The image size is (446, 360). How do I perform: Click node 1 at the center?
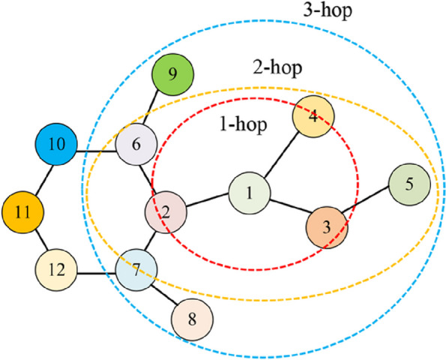[249, 193]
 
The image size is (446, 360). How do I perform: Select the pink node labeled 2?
[166, 214]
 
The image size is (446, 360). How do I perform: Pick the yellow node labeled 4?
[313, 118]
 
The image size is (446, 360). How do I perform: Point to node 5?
[409, 184]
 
